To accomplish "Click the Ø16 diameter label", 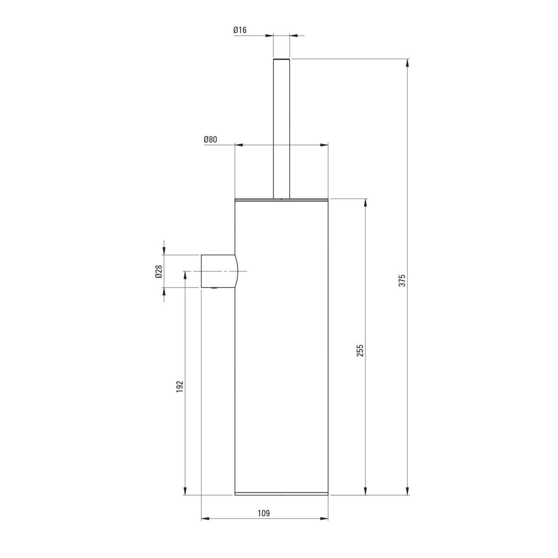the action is (240, 30).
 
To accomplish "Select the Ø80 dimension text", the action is (210, 139).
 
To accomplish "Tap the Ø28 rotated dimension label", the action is (159, 271).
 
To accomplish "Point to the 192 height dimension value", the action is (180, 386).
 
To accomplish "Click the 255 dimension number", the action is (360, 351).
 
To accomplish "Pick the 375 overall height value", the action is (403, 280).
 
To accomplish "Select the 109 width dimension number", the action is (264, 513).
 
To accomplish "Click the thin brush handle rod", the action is (281, 128).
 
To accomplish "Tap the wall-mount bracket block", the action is (219, 271).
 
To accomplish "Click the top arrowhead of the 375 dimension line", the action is (407, 63).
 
